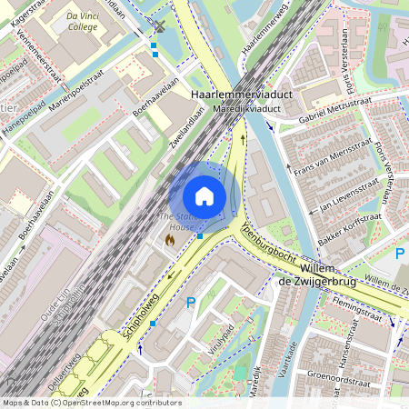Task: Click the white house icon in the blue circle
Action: (x=204, y=196)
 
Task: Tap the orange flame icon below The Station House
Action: (x=169, y=240)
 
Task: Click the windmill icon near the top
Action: (x=160, y=26)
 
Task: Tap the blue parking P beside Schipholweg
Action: (x=191, y=303)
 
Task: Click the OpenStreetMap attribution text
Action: (x=79, y=402)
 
